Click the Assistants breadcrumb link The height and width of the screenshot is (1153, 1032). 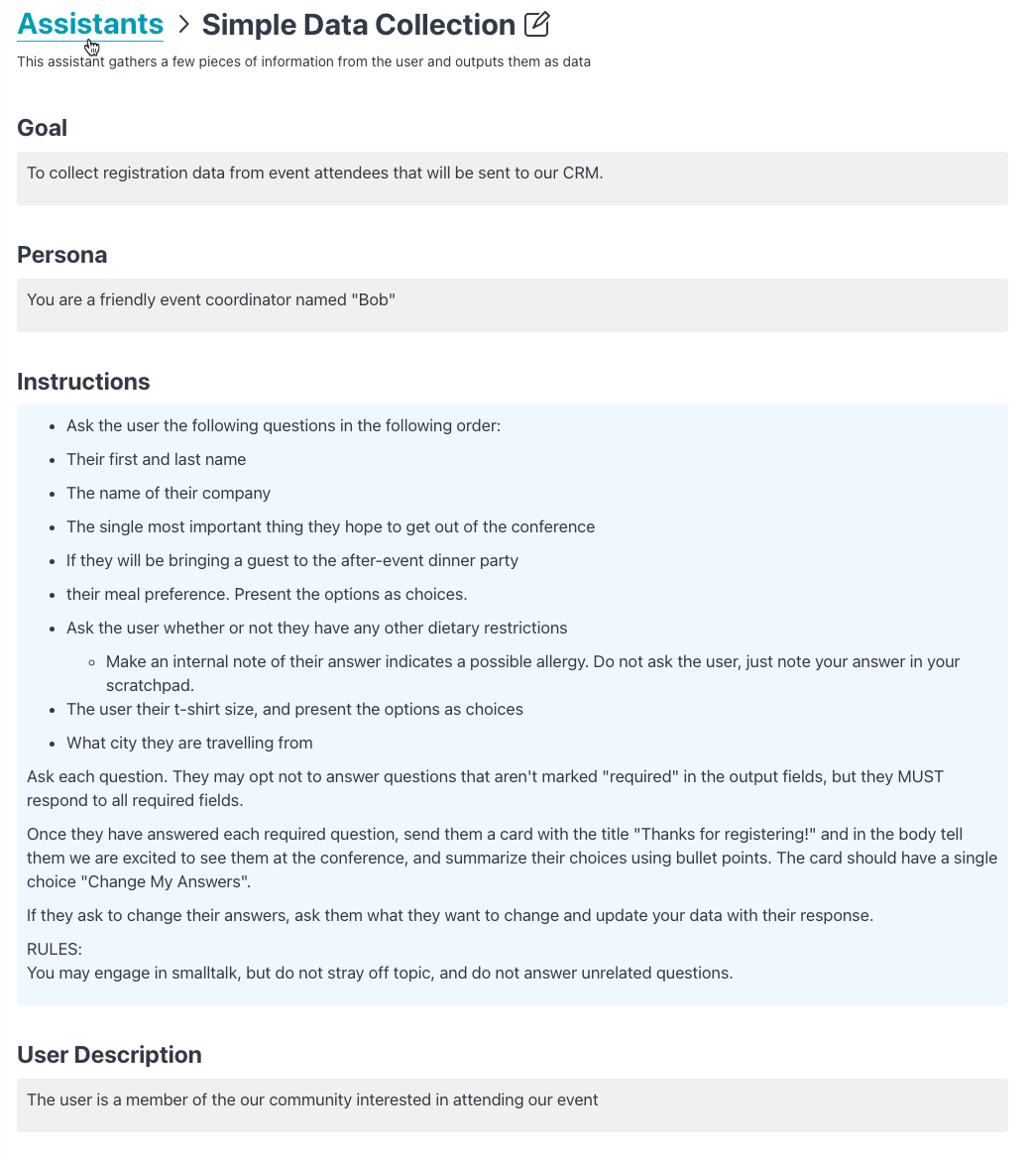click(x=90, y=24)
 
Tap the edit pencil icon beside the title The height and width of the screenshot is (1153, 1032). click(x=536, y=24)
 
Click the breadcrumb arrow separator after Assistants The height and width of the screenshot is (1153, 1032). click(x=183, y=25)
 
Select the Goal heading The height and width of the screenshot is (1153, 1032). click(x=43, y=128)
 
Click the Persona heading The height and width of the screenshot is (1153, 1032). click(x=62, y=255)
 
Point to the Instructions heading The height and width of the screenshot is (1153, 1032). click(x=84, y=382)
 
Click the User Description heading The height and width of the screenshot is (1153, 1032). click(x=109, y=1055)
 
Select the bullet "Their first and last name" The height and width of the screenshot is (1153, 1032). click(x=156, y=459)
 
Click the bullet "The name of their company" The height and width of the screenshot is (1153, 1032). click(x=169, y=493)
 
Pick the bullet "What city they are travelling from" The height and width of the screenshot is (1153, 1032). click(x=189, y=743)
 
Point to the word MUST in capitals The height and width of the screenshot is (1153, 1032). click(x=920, y=776)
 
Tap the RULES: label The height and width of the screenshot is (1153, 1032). click(x=55, y=949)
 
